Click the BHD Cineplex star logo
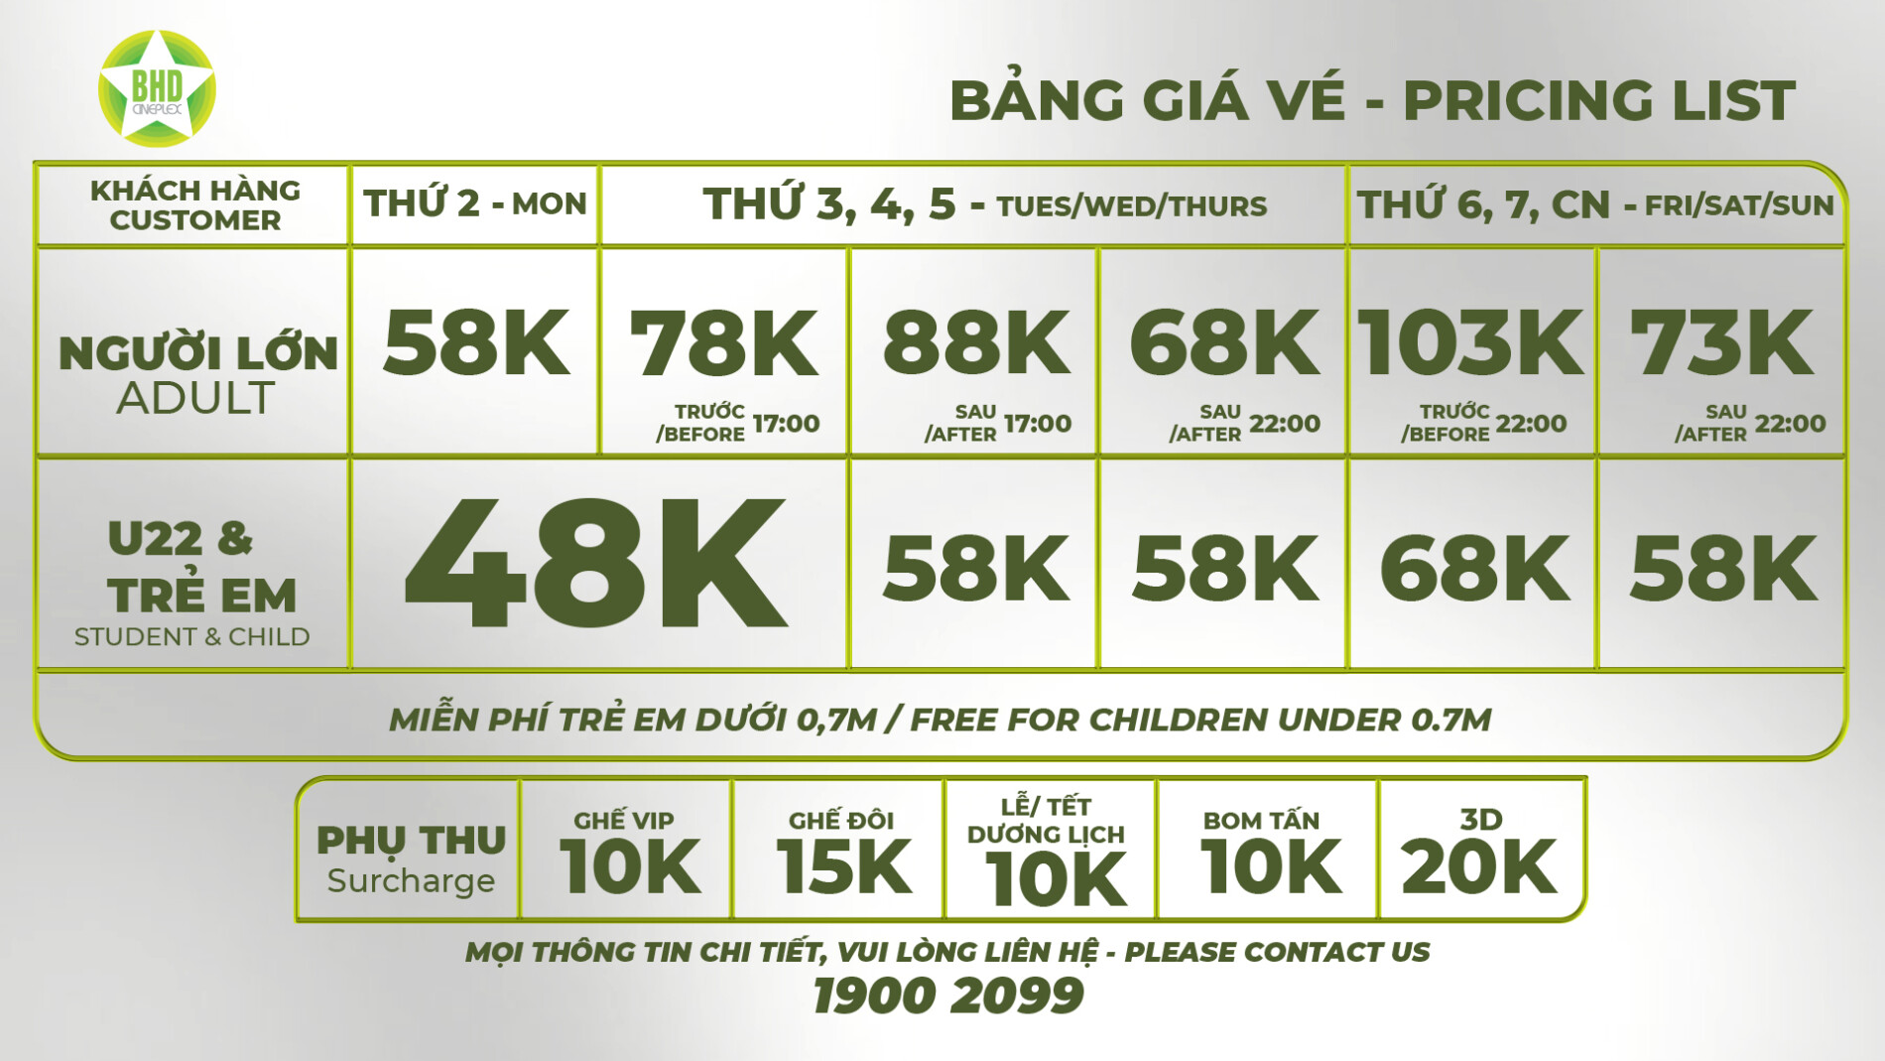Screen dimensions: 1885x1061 (157, 89)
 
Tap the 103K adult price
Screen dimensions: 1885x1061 (1470, 342)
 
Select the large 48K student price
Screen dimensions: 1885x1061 (595, 564)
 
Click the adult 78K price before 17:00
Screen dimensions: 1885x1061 (724, 342)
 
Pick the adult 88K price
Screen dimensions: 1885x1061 (976, 342)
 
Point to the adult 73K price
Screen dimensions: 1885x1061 (1722, 342)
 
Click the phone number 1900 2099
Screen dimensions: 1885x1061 (947, 995)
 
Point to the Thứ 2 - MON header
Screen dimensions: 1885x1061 (475, 203)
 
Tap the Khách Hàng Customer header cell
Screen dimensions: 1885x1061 (194, 204)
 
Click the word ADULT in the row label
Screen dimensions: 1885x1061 (195, 398)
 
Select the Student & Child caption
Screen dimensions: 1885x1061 (192, 636)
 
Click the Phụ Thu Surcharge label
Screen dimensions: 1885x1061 (411, 859)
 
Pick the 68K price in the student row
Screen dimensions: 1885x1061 (1474, 568)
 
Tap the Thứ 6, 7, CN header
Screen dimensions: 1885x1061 (1595, 204)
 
